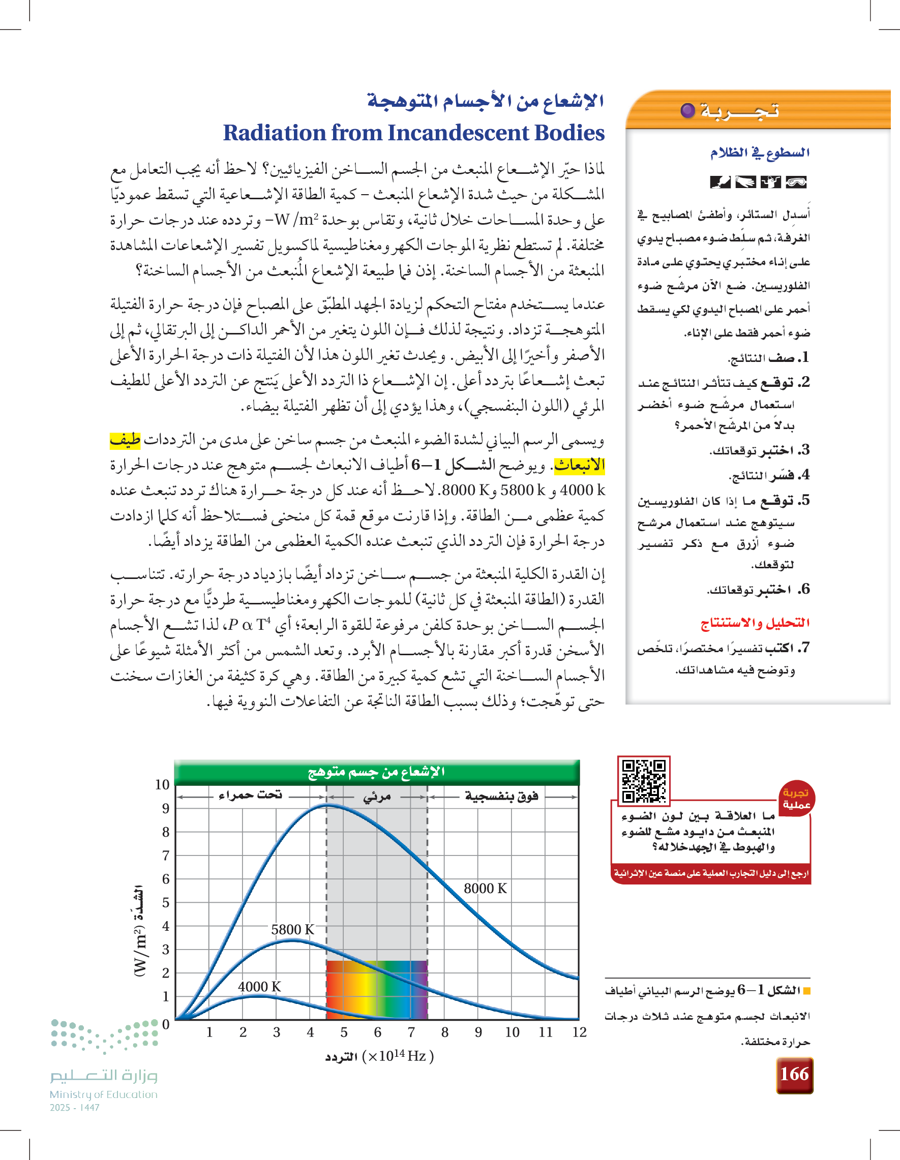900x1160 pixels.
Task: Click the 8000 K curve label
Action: click(485, 889)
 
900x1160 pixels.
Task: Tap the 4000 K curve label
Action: click(259, 986)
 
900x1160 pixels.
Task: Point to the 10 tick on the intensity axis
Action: click(162, 784)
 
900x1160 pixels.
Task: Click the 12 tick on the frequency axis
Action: click(579, 1032)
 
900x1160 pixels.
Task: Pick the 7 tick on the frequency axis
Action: click(411, 1032)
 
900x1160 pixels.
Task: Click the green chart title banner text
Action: click(376, 772)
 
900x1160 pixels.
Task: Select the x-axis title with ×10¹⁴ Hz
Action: click(379, 1056)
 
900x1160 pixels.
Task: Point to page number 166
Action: click(794, 1075)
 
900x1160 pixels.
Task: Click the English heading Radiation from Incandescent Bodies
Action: click(413, 133)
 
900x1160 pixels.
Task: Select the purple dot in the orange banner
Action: click(687, 110)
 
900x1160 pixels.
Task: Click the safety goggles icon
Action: click(796, 182)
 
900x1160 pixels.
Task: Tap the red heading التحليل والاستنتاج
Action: click(755, 623)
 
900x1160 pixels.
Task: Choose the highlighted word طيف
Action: click(126, 440)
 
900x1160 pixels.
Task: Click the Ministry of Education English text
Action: click(104, 1094)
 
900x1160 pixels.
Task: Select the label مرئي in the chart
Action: click(377, 797)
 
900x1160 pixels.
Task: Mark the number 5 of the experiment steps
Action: click(805, 500)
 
